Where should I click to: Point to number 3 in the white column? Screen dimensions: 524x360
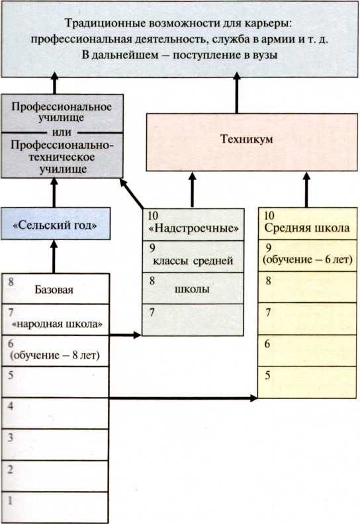point(10,437)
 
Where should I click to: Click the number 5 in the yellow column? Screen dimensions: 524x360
point(267,375)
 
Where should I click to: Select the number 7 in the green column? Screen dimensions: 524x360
point(152,311)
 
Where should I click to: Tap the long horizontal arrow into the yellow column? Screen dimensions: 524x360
point(185,398)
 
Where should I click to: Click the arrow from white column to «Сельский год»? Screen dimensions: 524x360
point(55,255)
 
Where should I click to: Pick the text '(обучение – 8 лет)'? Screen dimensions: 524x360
point(55,356)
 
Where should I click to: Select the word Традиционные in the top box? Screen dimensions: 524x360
point(97,22)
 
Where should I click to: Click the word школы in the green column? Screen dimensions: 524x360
point(191,290)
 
